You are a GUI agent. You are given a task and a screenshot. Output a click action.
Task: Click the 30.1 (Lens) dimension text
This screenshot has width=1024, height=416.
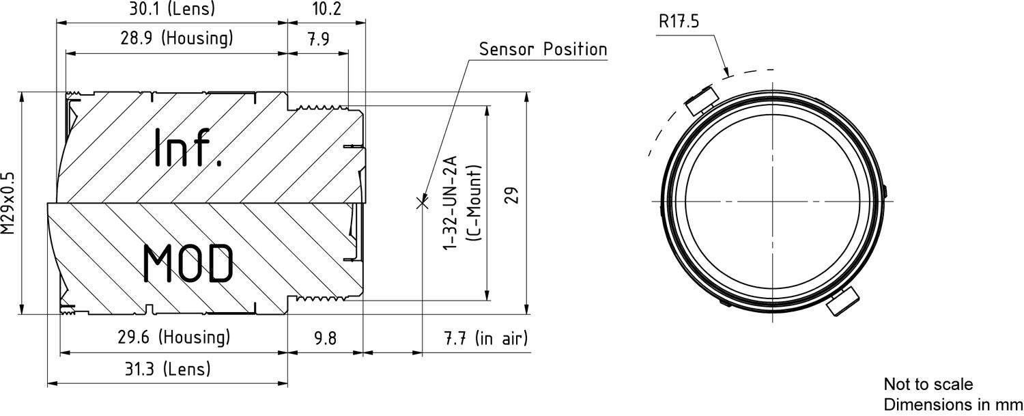click(172, 9)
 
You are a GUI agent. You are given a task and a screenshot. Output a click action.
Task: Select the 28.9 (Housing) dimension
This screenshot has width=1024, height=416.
click(177, 38)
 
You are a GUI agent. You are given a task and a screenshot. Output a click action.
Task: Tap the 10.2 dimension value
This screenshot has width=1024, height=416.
click(326, 9)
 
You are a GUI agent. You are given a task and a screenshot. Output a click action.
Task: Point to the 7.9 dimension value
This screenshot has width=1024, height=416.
click(317, 39)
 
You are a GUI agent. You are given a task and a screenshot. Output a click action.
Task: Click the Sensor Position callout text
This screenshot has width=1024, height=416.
click(543, 49)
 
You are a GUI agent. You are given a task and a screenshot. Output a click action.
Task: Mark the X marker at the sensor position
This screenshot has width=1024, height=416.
click(422, 202)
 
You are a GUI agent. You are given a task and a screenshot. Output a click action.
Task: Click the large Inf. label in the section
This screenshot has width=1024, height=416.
click(188, 148)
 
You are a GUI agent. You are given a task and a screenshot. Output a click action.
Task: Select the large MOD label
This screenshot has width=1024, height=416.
click(188, 264)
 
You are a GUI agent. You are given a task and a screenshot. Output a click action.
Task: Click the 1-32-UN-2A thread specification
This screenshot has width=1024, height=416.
click(451, 202)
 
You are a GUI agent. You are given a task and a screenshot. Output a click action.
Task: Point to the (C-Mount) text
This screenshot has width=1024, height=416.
click(475, 202)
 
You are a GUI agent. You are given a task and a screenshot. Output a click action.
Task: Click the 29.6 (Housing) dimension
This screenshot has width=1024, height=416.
click(174, 337)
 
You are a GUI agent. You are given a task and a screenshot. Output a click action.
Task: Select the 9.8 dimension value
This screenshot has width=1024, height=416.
click(324, 338)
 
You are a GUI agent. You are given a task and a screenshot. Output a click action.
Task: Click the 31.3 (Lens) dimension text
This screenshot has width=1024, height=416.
click(169, 369)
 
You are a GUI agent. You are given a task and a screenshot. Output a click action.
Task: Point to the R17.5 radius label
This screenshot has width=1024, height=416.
click(679, 20)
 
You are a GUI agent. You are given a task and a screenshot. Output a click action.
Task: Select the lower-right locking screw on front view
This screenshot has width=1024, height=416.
click(842, 302)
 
